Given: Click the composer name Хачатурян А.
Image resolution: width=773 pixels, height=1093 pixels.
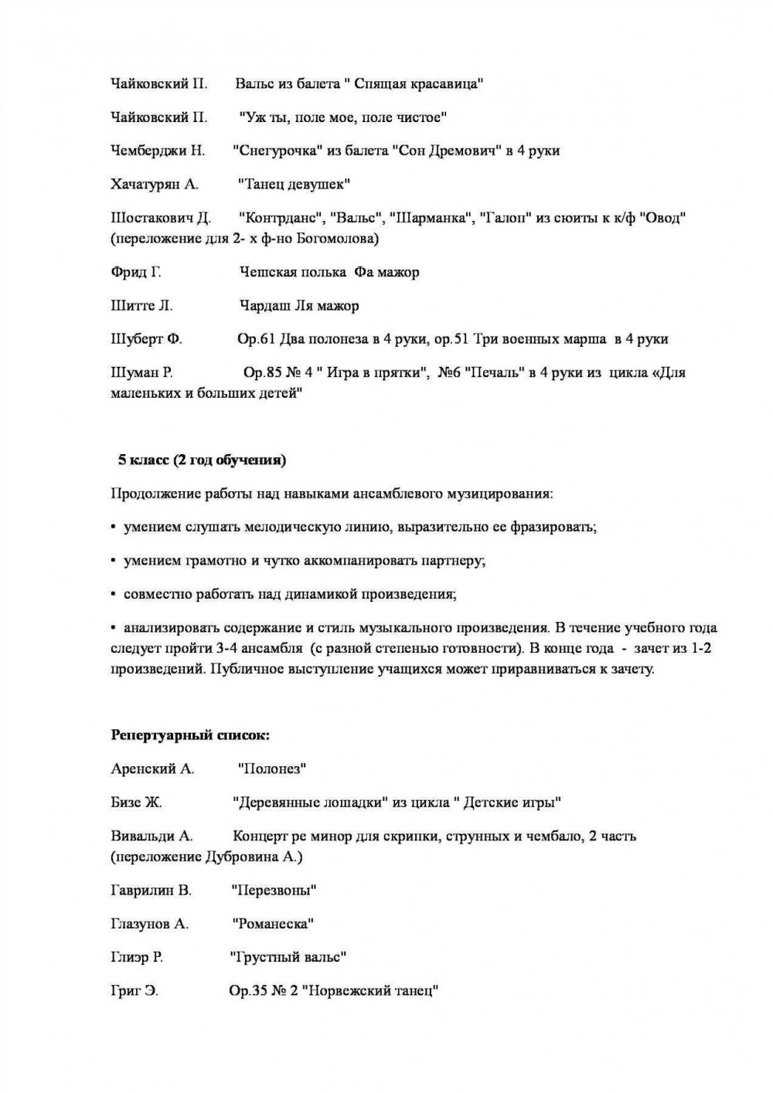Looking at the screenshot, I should coord(155,184).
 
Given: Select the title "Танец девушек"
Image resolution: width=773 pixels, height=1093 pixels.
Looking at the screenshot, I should coord(294,184).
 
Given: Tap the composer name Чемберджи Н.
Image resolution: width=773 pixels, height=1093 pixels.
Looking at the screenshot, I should coord(158,151).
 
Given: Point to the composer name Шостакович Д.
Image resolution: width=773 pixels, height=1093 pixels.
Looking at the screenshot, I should coord(161,218).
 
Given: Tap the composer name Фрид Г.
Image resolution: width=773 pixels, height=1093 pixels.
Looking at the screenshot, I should coord(136,272).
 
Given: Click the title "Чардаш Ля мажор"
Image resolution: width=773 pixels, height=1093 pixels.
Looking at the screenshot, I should coord(299,306).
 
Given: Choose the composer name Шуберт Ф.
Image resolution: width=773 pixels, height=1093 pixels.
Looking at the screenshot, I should coord(147,339).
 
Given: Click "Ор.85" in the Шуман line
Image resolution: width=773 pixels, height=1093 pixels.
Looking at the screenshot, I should coord(261,373).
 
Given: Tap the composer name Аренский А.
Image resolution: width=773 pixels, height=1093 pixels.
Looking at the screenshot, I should coord(152,769).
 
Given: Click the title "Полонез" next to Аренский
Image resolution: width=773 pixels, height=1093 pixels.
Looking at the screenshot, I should coord(273,769).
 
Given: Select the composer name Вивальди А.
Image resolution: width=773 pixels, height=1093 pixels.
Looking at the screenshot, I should coord(152,836).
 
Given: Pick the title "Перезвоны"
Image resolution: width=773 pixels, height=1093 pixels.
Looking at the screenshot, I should coord(274,891).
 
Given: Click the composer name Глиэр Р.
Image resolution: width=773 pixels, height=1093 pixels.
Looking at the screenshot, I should coord(137,958).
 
